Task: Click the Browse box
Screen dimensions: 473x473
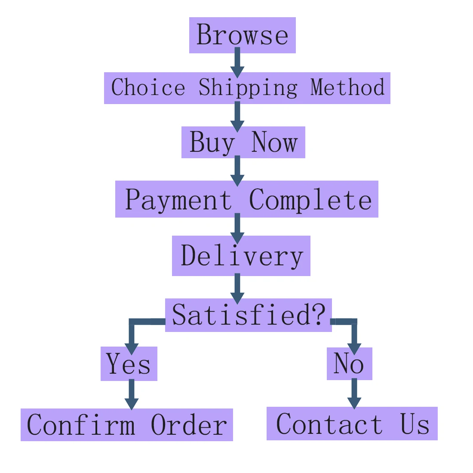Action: pos(242,35)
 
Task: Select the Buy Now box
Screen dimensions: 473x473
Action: pos(243,142)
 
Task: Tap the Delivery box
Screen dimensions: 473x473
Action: pos(241,256)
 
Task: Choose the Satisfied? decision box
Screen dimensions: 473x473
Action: pos(248,315)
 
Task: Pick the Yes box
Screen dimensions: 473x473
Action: pos(129,364)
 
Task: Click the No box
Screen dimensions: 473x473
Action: pos(349,364)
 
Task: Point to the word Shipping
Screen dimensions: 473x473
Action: pos(248,88)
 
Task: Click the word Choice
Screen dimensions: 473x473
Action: pos(148,88)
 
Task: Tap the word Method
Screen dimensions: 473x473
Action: pos(347,88)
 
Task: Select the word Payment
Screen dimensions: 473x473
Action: pos(178,200)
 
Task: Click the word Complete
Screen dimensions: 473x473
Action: pos(310,200)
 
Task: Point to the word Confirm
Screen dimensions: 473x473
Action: pos(81,425)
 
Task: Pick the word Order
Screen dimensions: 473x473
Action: pos(189,425)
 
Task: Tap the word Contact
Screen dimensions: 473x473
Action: pos(329,424)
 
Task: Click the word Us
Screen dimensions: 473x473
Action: pos(415,424)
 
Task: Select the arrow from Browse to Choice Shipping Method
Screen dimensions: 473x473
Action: pos(237,62)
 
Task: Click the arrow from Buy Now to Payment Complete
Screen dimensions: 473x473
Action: pos(237,171)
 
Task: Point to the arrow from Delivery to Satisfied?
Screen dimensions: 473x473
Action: pos(237,288)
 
